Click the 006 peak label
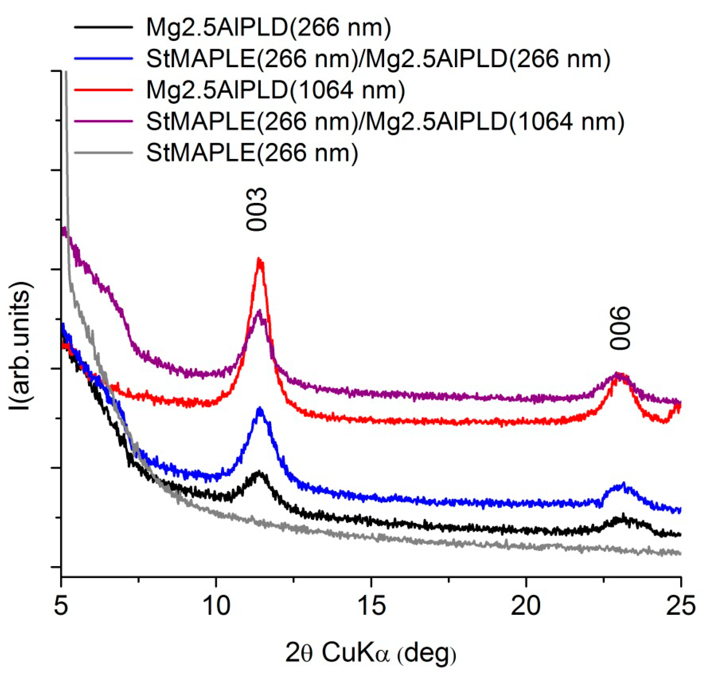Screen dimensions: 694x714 620,328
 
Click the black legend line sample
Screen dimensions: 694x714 103,27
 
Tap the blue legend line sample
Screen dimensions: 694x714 103,58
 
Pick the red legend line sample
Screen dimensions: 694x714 103,89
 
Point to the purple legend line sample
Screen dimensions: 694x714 103,121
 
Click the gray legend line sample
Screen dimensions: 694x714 103,152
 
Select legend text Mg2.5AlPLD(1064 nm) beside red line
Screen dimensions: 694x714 276,90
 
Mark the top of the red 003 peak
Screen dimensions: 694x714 259,259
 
